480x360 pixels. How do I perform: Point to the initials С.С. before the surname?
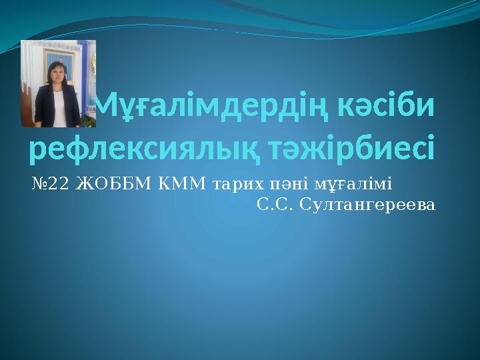tap(276, 205)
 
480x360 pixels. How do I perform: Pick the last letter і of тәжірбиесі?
tap(429, 150)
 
